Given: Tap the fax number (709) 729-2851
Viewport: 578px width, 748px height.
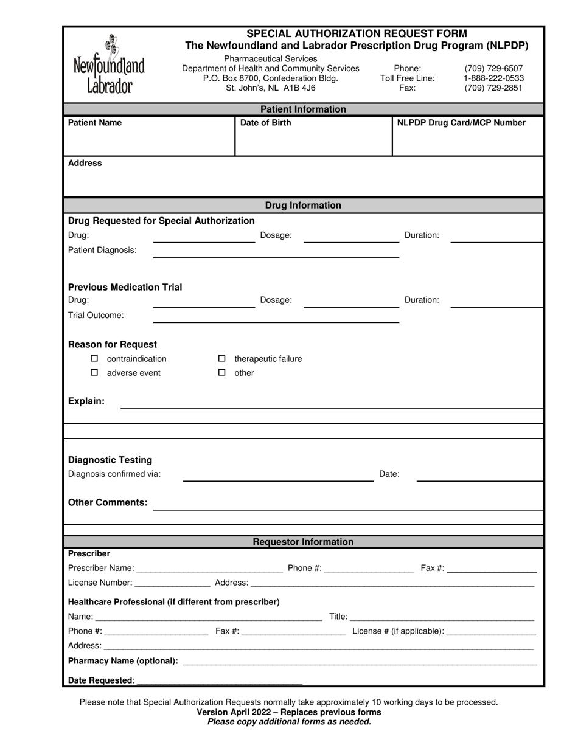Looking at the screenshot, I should (x=493, y=88).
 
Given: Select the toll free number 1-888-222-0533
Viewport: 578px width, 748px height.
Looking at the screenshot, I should (x=493, y=78).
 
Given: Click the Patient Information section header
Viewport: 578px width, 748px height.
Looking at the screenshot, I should (x=303, y=109).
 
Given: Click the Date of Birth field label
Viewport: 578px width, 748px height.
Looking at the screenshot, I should (x=266, y=123).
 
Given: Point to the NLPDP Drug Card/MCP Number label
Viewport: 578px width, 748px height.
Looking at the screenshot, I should (x=461, y=123).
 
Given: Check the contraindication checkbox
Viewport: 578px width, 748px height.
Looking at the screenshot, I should (x=94, y=359).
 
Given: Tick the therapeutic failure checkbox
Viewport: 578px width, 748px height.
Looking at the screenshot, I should (x=222, y=359).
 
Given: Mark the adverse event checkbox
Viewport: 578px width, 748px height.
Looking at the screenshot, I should (x=94, y=373).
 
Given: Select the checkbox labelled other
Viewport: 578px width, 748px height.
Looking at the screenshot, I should (x=222, y=373).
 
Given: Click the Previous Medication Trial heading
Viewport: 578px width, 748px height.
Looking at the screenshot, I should (x=125, y=287).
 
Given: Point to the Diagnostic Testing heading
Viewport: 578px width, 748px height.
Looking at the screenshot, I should (x=110, y=460).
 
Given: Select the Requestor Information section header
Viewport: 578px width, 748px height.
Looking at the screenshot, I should (x=303, y=542).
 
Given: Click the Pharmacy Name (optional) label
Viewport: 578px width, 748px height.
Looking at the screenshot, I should (x=123, y=661).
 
